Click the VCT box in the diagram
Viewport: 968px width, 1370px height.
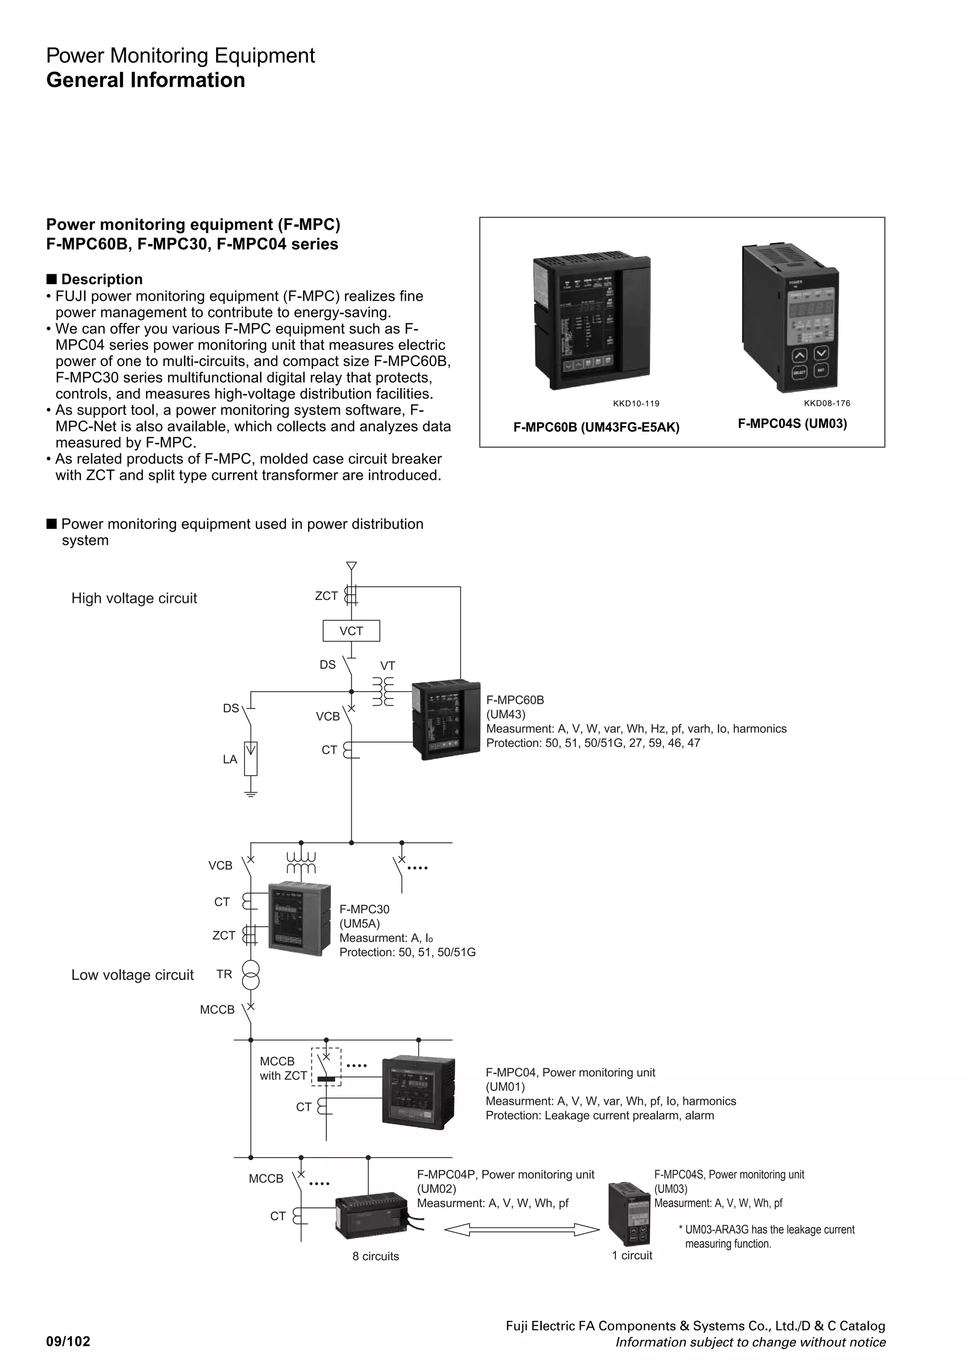tap(351, 631)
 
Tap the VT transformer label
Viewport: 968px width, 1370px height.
tap(388, 666)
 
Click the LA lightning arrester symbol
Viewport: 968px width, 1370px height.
tap(251, 758)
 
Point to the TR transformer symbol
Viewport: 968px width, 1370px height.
tap(251, 975)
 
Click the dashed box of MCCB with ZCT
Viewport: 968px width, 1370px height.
tap(326, 1067)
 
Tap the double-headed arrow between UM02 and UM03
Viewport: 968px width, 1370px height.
tap(521, 1229)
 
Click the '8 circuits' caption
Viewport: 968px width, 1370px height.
tap(375, 1256)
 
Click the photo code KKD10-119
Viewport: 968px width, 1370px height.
tap(636, 403)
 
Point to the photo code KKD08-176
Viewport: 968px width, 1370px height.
tap(827, 403)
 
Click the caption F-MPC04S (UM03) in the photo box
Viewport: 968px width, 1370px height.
tap(792, 424)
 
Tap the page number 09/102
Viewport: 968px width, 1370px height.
tap(68, 1342)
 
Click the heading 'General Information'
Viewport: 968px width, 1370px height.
tap(146, 80)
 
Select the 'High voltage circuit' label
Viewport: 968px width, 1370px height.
tap(134, 598)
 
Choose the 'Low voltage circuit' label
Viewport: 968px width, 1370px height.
tap(132, 975)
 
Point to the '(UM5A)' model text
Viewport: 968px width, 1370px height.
tap(359, 924)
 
